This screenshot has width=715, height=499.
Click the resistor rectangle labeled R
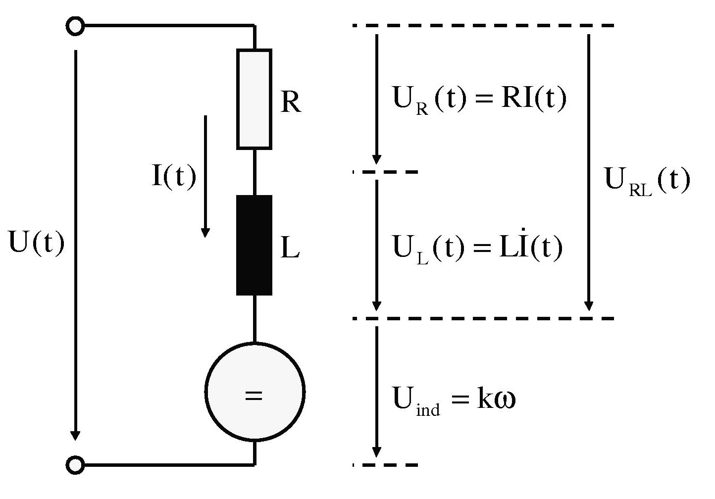point(254,99)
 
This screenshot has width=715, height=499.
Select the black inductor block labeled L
point(254,245)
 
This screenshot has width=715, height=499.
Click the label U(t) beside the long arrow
point(37,244)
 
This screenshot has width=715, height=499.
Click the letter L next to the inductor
point(290,249)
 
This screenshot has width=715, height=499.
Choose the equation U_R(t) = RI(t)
point(479,100)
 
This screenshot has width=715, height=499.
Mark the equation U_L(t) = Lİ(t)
point(477,248)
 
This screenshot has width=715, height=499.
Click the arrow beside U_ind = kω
point(376,391)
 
